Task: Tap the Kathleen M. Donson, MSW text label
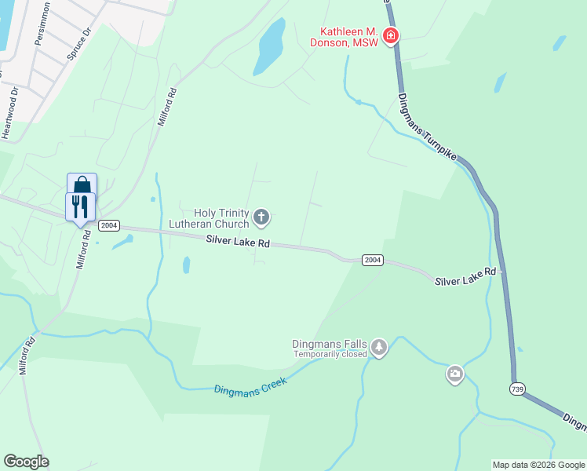pos(349,37)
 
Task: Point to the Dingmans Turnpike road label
pos(427,126)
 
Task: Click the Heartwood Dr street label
pos(10,115)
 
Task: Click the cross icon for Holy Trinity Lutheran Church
pos(261,217)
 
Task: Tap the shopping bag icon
pos(82,186)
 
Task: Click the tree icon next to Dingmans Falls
pos(380,347)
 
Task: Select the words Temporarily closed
pos(330,354)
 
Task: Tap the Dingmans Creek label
pos(251,385)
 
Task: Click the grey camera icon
pos(455,374)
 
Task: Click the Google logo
pos(26,462)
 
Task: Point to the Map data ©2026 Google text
pos(538,465)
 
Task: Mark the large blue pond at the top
pos(269,46)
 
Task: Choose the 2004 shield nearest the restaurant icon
pos(109,225)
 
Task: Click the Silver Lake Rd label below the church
pos(238,243)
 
